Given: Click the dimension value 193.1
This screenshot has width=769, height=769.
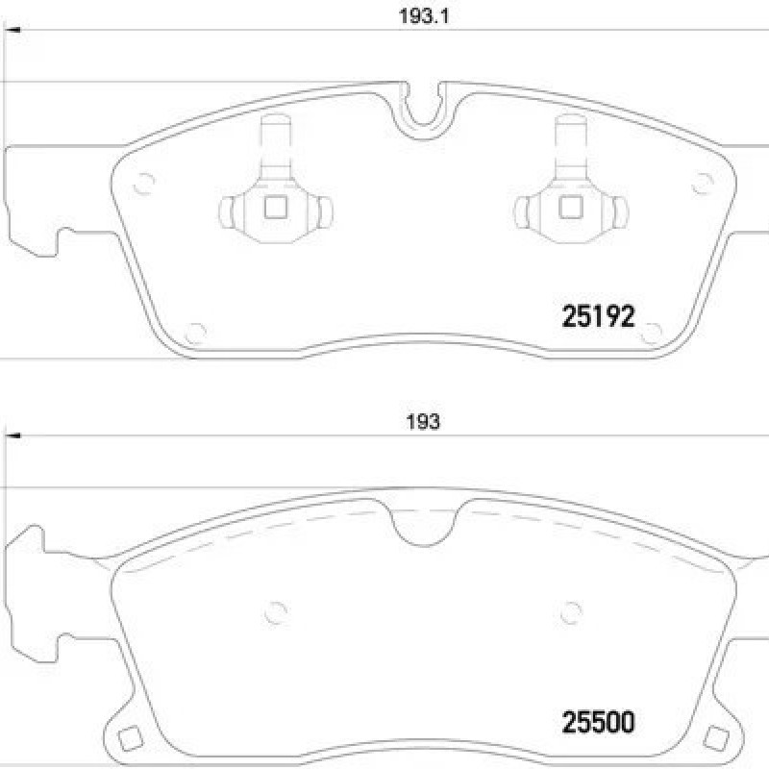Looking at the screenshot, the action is (424, 16).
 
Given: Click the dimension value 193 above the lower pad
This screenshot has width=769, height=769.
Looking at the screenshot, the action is (423, 422).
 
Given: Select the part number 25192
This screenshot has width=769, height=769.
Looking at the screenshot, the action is (598, 316).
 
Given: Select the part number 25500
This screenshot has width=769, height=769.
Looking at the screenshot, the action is (598, 722).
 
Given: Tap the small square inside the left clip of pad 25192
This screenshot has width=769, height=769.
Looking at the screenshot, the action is (275, 207).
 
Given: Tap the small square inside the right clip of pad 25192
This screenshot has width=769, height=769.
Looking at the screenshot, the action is (570, 207).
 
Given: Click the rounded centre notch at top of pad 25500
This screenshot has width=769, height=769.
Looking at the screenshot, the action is (424, 527).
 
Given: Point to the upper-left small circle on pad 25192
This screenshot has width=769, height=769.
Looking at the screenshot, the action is (143, 184).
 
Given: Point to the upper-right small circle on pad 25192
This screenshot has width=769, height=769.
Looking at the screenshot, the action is (703, 184).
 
